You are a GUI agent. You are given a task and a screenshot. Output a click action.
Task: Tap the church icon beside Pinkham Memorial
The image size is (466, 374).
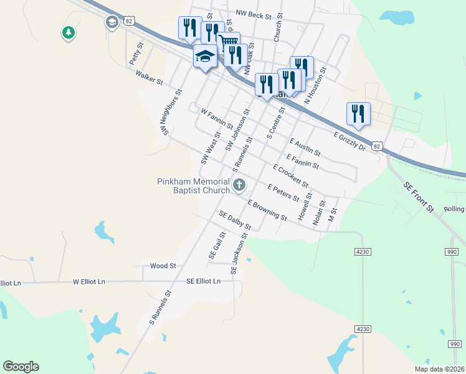pos(239,185)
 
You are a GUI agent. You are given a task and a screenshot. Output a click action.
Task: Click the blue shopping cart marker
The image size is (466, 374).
pos(229,42)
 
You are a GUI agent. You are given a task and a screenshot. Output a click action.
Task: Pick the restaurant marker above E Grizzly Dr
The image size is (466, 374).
pos(358,113)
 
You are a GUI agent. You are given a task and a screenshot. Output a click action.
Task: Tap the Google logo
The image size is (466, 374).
pos(21,367)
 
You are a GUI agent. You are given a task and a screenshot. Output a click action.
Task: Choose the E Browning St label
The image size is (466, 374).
pos(267,211)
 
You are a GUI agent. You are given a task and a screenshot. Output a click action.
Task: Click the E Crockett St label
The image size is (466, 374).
pos(291,175)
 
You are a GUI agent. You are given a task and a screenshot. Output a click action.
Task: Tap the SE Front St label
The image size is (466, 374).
pos(418,198)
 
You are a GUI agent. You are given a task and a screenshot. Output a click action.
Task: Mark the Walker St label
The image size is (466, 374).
pos(149,77)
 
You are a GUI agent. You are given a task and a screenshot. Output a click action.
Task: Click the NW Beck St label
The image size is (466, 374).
pos(254,13)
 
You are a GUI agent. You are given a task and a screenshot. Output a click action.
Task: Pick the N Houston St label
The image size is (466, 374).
pos(315,89)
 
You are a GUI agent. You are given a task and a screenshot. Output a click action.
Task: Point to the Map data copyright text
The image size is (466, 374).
pos(439,368)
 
